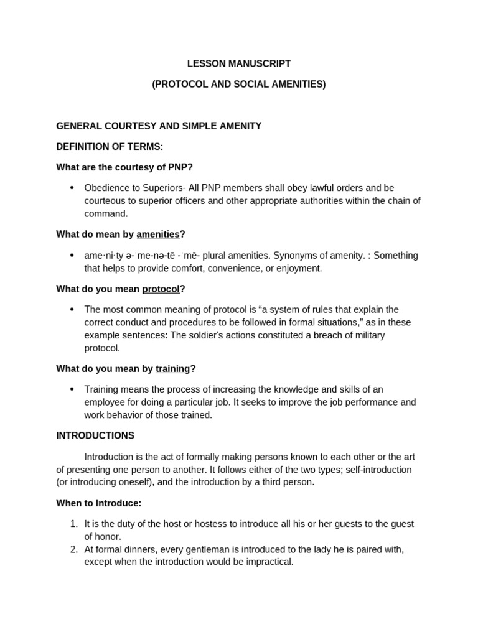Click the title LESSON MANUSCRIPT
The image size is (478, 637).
(x=239, y=63)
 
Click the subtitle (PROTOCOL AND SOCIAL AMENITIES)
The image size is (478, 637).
(x=239, y=84)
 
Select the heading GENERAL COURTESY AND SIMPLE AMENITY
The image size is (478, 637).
(x=159, y=126)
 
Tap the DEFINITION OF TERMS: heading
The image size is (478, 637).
(x=110, y=147)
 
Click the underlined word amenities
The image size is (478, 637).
(x=157, y=235)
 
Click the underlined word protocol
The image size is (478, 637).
(x=161, y=289)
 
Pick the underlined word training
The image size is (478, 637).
(x=172, y=369)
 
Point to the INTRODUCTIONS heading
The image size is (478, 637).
(x=95, y=435)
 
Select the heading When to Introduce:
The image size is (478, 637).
(x=99, y=503)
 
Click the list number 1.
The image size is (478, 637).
(x=73, y=524)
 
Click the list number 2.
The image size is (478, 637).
(x=73, y=549)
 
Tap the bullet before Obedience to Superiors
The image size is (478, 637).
(x=72, y=188)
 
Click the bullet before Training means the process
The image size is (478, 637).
(x=72, y=389)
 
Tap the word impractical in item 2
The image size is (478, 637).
(x=268, y=562)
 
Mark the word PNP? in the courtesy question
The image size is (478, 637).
(x=177, y=167)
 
